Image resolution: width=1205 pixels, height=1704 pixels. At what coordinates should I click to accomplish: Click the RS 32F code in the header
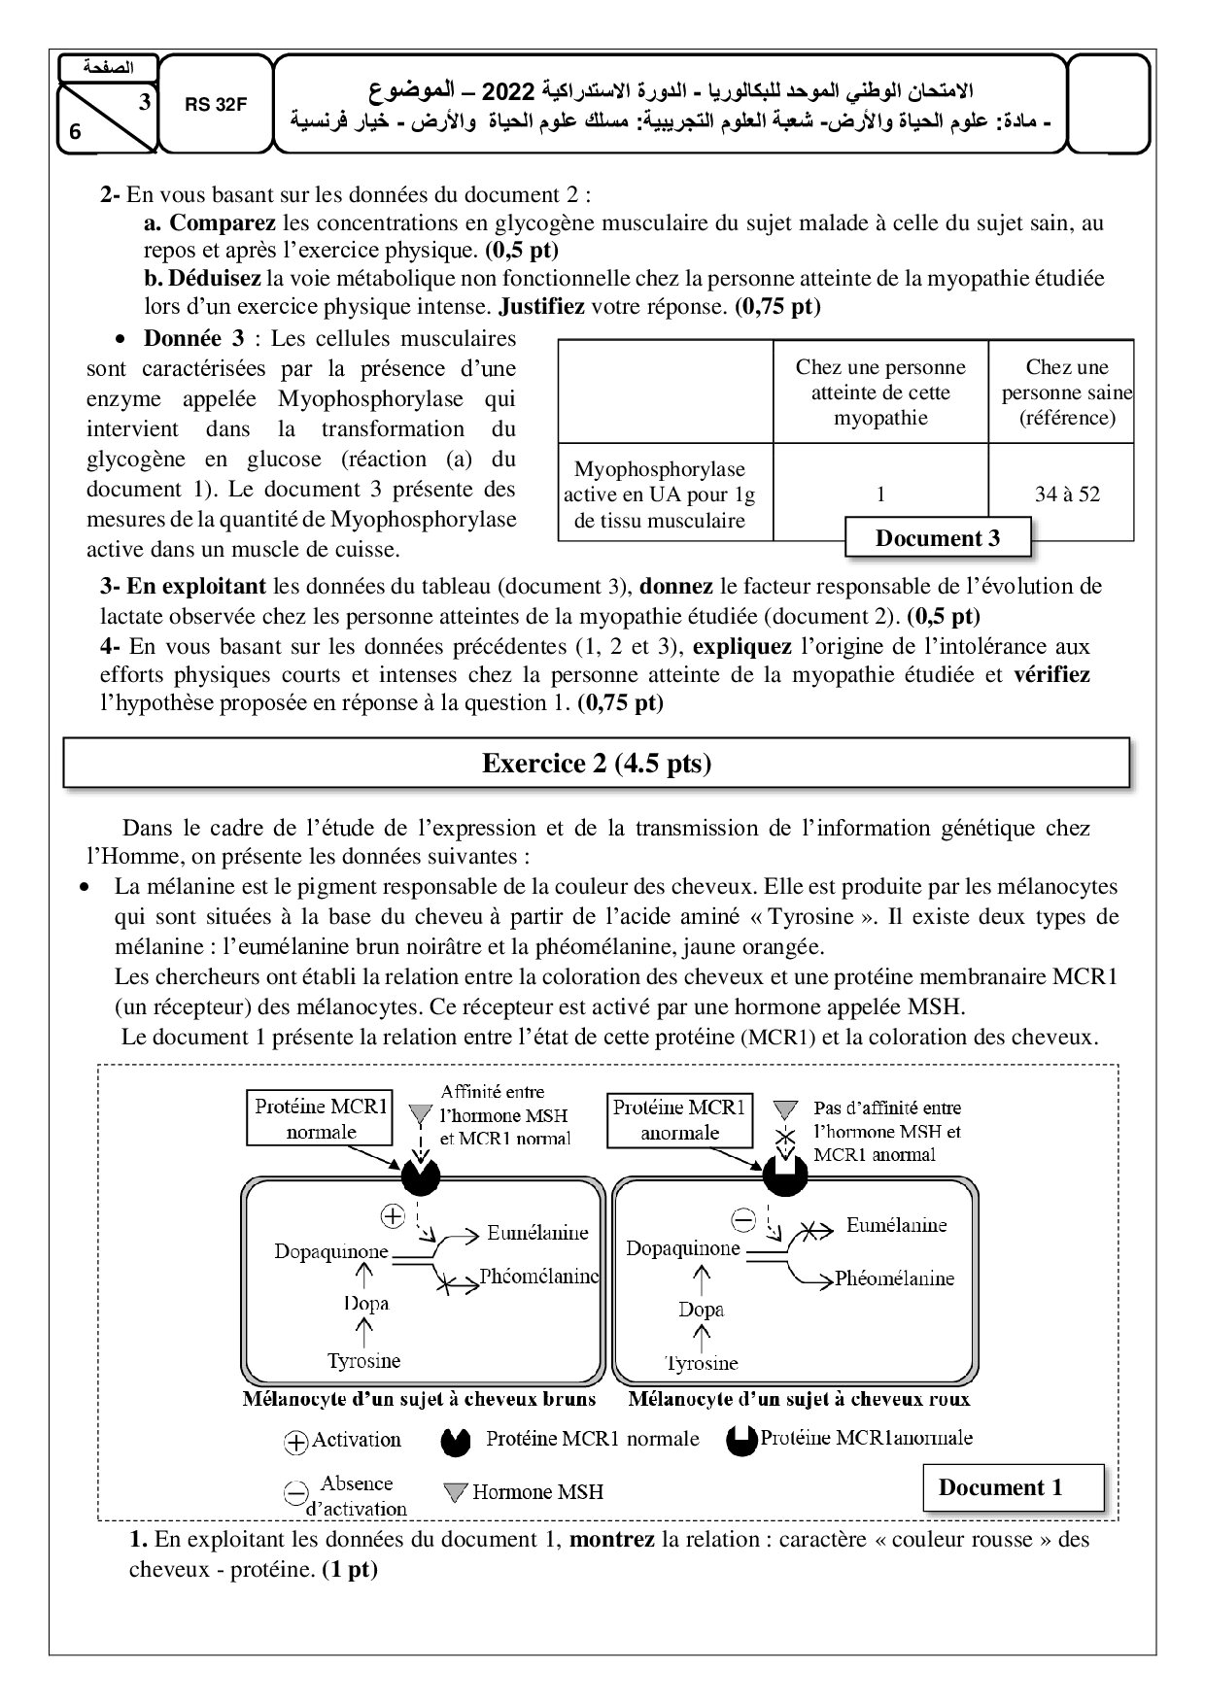click(216, 106)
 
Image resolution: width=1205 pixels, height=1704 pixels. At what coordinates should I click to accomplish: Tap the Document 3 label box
click(937, 538)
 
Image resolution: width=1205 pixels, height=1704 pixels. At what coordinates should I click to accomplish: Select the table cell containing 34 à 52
click(1067, 494)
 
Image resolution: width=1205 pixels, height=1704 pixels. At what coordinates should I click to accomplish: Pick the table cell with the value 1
click(880, 494)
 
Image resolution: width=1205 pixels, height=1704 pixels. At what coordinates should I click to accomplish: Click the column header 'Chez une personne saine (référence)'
click(1067, 392)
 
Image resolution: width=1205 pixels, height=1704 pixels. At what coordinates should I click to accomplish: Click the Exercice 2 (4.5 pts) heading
click(597, 764)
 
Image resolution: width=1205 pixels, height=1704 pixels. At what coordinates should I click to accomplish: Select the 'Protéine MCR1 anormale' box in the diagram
click(679, 1119)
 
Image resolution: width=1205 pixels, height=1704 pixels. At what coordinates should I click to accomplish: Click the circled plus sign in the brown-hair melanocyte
click(392, 1214)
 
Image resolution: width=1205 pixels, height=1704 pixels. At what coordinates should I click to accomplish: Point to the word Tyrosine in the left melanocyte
click(364, 1360)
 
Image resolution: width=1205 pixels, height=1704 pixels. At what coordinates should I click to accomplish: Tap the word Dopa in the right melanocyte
click(702, 1309)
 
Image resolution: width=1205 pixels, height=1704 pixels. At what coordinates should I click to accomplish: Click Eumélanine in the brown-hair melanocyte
click(537, 1233)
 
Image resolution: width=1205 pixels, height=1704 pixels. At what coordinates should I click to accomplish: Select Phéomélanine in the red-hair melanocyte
click(894, 1278)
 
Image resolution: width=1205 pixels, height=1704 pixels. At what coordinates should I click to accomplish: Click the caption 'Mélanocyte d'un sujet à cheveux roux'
click(799, 1400)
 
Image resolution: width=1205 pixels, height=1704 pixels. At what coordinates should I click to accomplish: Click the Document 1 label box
click(1000, 1487)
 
